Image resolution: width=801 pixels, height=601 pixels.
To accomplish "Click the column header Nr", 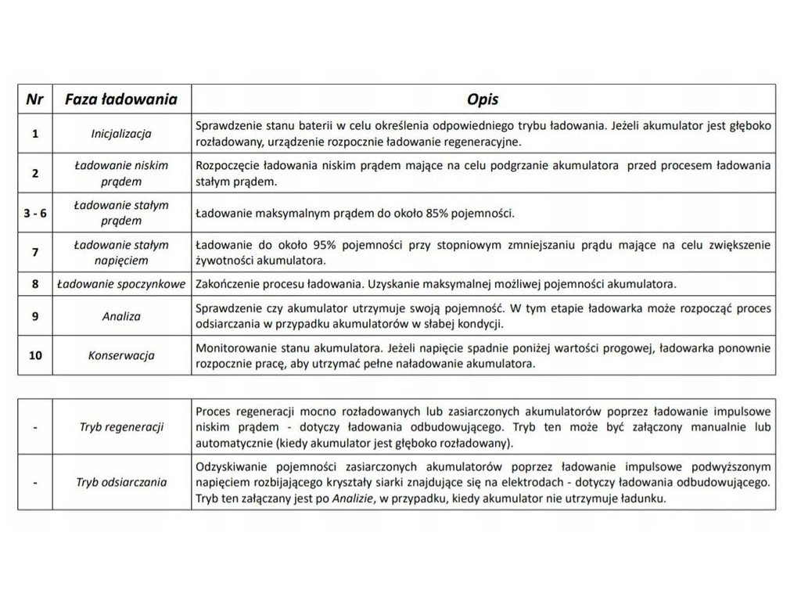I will (34, 99).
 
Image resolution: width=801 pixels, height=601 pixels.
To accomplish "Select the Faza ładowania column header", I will (121, 99).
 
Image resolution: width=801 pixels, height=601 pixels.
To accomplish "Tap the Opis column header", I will (483, 99).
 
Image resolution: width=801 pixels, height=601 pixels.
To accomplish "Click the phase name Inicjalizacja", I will (121, 134).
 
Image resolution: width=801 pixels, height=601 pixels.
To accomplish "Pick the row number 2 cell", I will (34, 173).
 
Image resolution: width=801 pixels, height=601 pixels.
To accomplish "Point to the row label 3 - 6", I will (34, 212).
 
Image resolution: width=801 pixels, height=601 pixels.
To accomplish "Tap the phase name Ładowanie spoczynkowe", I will (121, 283).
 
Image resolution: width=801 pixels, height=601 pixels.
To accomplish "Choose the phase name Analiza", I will (121, 316).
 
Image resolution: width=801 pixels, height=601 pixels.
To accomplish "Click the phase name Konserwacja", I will (121, 355).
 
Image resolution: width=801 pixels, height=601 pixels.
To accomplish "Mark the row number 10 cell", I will (34, 355).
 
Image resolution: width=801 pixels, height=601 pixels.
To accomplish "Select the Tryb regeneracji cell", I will (121, 427).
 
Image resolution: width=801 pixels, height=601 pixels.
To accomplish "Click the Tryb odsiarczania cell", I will (123, 482).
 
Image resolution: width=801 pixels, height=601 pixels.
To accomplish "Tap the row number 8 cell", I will (34, 283).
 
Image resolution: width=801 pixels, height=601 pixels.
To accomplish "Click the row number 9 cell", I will (34, 316).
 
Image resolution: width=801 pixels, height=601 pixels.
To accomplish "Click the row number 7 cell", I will (34, 251).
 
